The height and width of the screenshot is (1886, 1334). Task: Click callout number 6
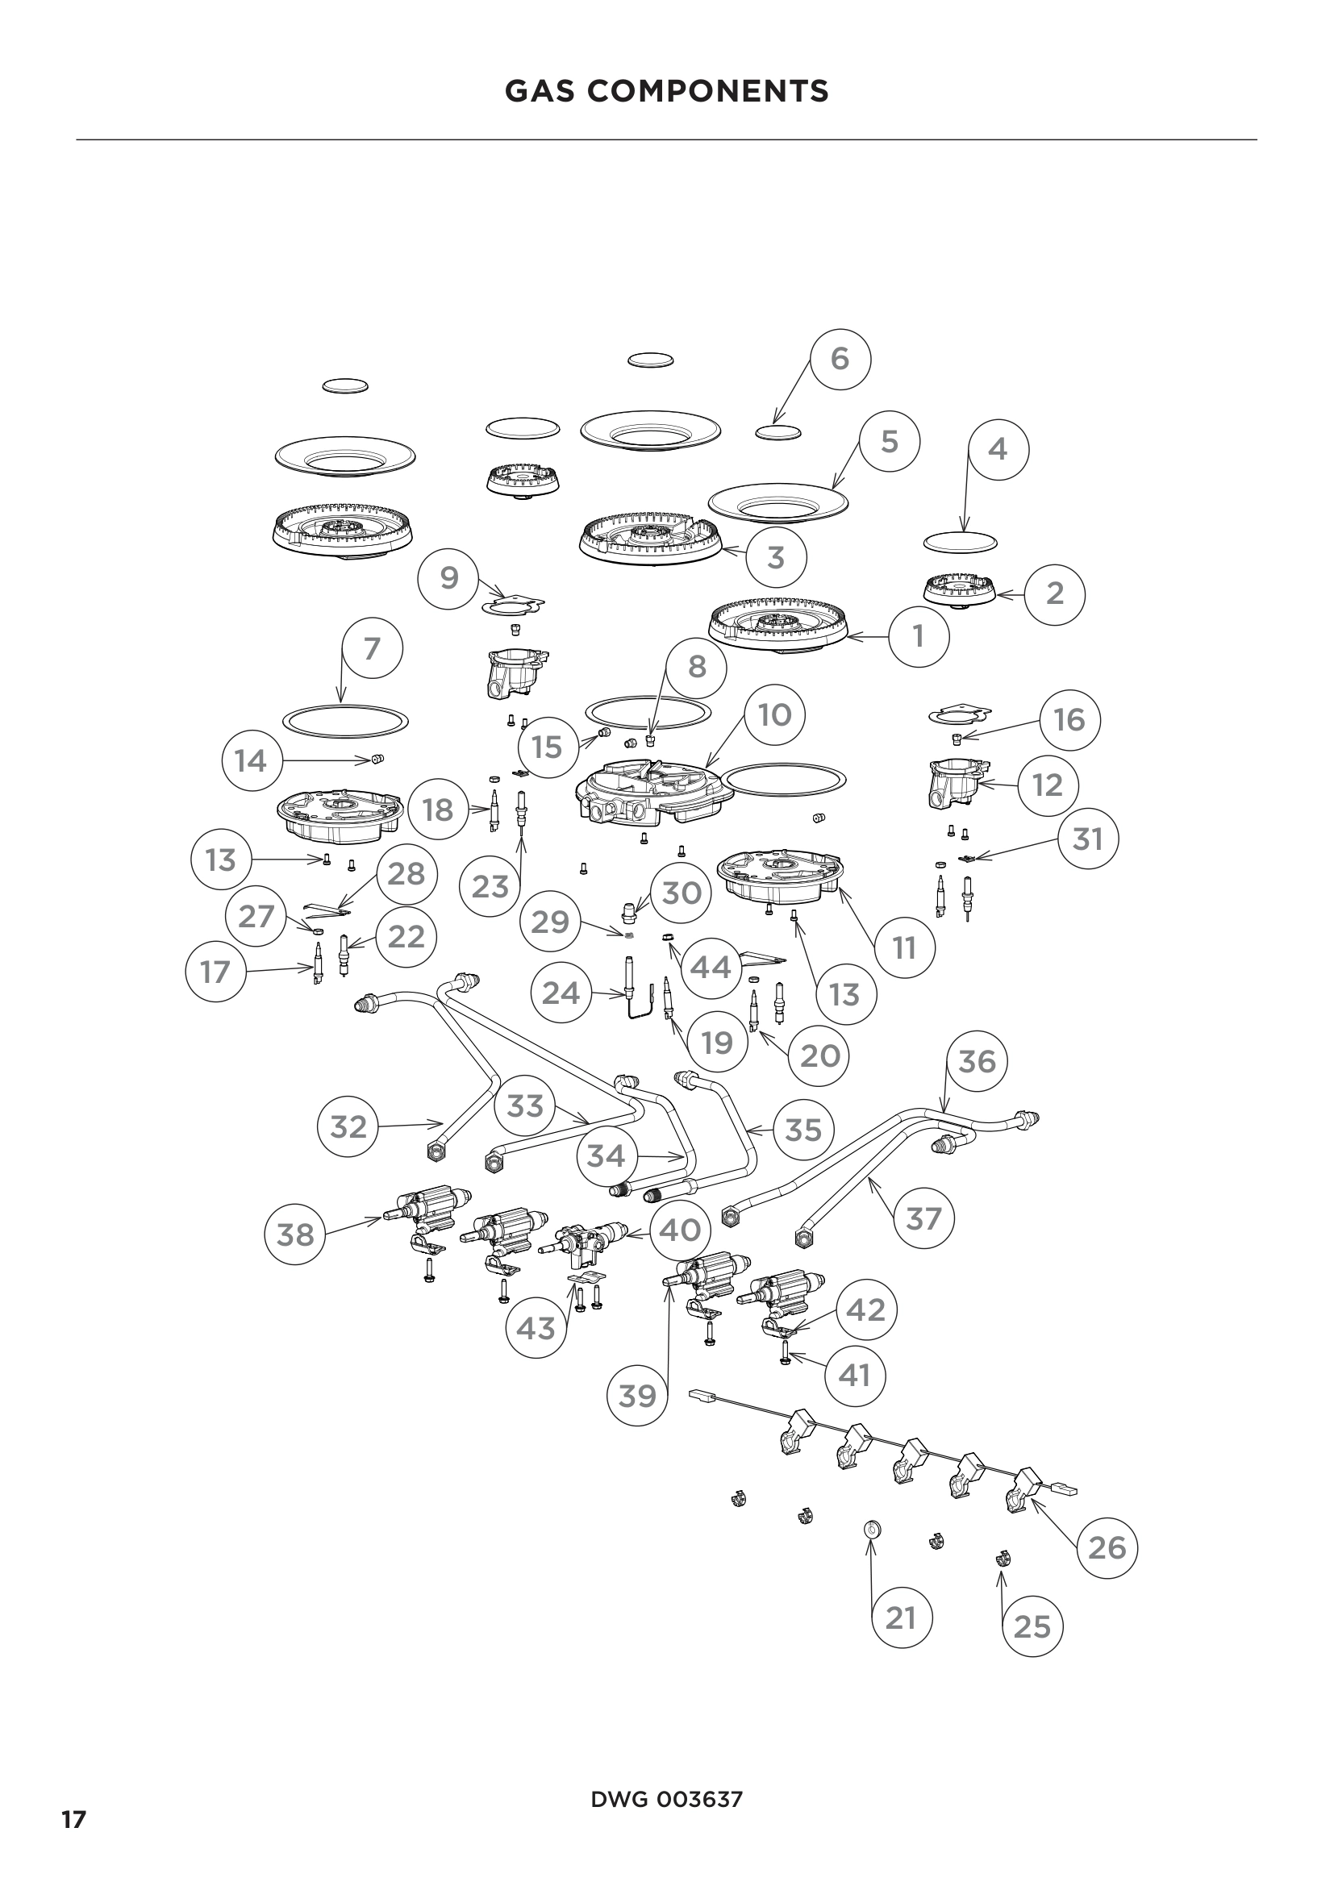click(x=840, y=358)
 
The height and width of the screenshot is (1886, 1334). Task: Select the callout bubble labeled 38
click(x=296, y=1234)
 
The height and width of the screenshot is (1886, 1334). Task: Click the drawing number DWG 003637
click(x=666, y=1800)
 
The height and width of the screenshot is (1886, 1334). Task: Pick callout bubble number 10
click(x=773, y=714)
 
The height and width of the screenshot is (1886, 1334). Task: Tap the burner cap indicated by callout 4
click(x=960, y=542)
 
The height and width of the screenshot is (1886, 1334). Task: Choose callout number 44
click(x=711, y=968)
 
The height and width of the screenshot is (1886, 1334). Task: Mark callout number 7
click(x=372, y=648)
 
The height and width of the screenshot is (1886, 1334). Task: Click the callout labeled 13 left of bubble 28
click(x=221, y=860)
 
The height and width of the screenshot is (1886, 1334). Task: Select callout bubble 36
click(x=977, y=1061)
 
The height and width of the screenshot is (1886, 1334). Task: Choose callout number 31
click(x=1087, y=839)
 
